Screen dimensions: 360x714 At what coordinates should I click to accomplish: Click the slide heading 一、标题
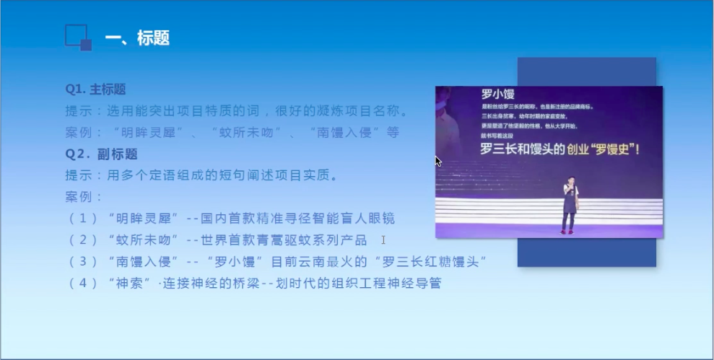click(x=137, y=38)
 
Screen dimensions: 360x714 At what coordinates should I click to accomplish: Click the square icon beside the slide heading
click(x=78, y=38)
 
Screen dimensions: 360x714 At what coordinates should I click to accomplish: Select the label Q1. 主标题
click(x=95, y=89)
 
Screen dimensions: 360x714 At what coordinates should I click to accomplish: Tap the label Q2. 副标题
click(x=101, y=154)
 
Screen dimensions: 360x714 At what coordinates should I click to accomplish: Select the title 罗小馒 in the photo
click(x=497, y=94)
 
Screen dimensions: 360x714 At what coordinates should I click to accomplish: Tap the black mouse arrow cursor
click(x=437, y=161)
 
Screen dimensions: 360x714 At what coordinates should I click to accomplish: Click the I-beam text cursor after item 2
click(x=383, y=240)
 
